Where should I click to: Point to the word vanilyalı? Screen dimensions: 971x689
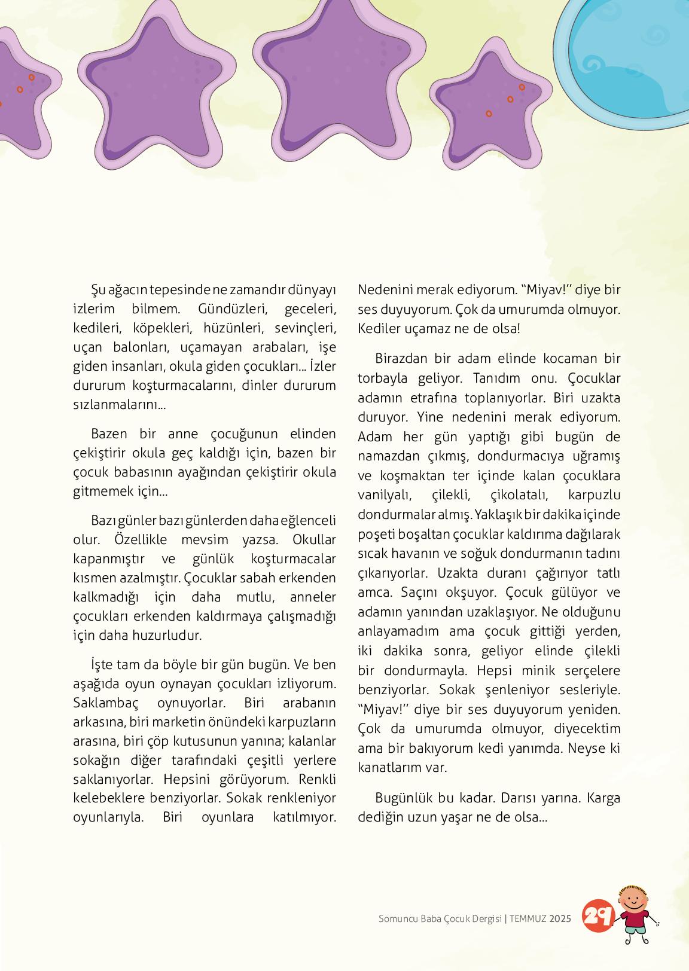(x=383, y=495)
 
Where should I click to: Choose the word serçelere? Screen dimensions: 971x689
(x=588, y=670)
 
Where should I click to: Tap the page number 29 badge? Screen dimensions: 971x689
(x=597, y=915)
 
